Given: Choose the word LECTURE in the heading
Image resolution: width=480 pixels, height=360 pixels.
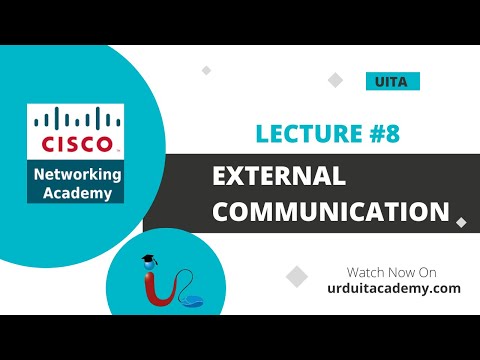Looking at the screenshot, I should (x=306, y=134).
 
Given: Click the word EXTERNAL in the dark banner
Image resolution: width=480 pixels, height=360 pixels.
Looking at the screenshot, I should (x=279, y=177).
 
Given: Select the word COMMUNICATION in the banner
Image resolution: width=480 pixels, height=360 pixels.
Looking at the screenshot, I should (x=331, y=211).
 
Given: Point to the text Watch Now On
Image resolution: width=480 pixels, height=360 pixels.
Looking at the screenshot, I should (x=391, y=271).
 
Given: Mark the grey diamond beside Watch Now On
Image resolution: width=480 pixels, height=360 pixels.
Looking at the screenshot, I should (x=297, y=276).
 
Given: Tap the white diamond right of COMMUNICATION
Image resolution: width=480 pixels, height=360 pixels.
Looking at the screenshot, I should (x=460, y=222).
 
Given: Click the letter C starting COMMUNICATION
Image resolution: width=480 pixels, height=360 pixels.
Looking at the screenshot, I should (x=223, y=211).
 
